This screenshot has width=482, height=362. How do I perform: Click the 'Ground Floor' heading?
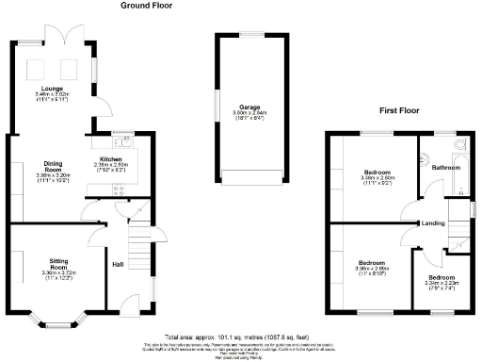click(x=146, y=6)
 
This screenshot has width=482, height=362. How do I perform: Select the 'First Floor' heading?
click(x=400, y=110)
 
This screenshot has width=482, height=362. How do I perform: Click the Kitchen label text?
click(x=112, y=159)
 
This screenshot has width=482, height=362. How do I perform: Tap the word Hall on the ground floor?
click(x=120, y=264)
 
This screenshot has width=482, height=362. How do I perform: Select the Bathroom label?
click(x=446, y=167)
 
